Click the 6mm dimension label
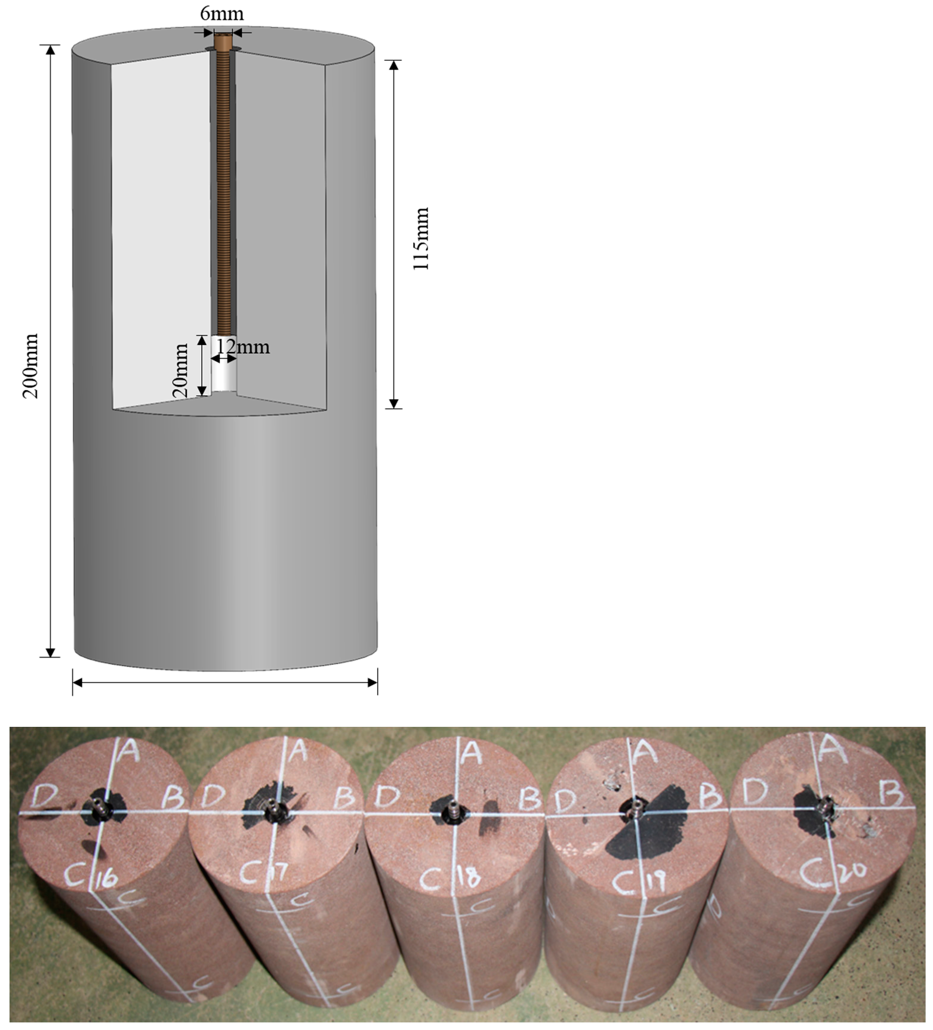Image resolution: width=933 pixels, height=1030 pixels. coord(221,14)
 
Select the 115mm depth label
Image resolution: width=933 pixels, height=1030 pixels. coord(421,238)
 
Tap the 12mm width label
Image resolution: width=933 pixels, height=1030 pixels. coord(243,347)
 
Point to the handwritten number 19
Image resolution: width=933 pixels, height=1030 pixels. coord(657,880)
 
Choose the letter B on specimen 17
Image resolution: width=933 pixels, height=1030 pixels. coord(344,797)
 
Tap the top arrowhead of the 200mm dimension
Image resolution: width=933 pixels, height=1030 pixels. coord(50,50)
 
